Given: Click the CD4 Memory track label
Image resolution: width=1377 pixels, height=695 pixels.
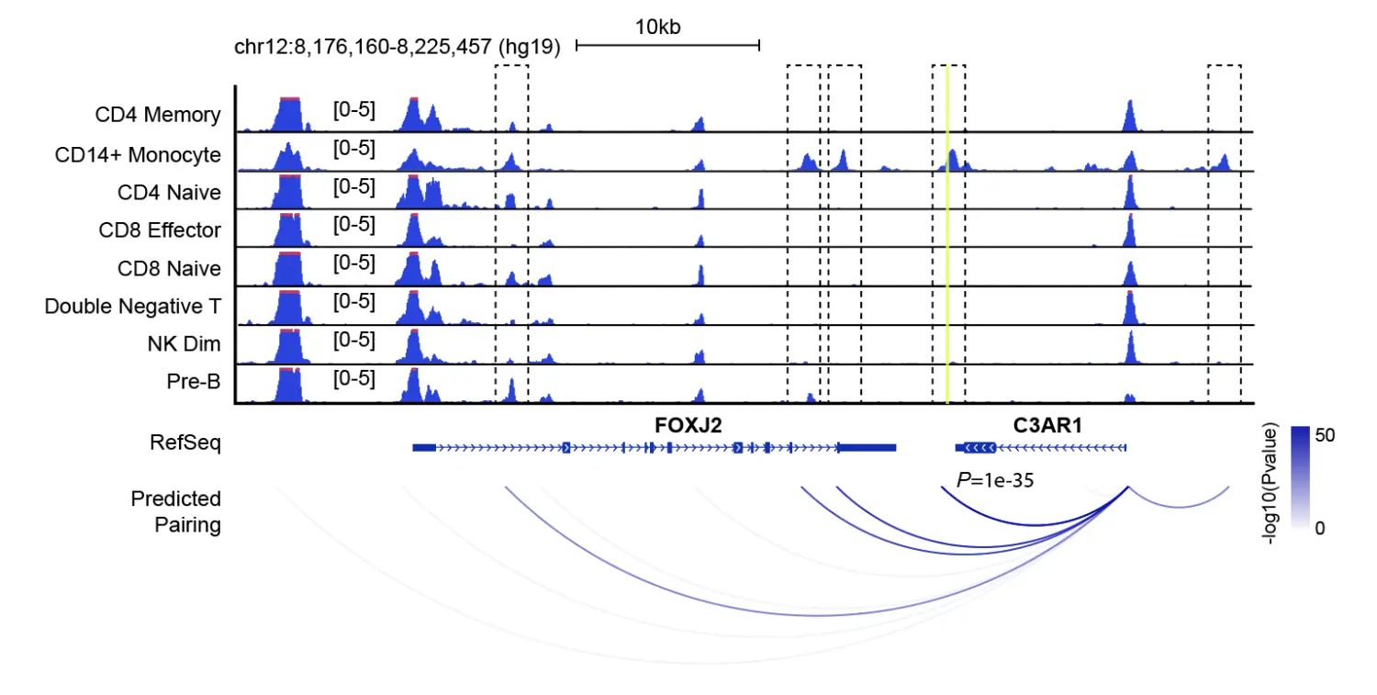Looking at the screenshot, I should pos(158,115).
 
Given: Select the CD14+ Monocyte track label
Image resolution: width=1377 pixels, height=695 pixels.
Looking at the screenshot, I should pos(138,154).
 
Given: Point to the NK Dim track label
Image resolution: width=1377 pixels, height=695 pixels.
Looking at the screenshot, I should pos(184,344).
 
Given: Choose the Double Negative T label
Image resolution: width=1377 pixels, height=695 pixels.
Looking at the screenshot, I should pos(132,307).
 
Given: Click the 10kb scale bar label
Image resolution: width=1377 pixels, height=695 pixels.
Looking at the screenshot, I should pos(657,27).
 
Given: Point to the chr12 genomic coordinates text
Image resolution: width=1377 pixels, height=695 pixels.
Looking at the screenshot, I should pos(397,47).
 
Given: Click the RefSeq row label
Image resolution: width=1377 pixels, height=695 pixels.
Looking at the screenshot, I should pos(185,443).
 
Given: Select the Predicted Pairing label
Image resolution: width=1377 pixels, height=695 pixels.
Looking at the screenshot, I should pos(176,512).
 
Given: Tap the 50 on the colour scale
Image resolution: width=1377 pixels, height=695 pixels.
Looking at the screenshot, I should pos(1324,436).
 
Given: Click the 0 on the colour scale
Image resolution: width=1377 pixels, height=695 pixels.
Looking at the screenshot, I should pos(1319,528).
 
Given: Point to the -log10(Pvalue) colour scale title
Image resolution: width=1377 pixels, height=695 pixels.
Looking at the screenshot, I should pos(1271,484).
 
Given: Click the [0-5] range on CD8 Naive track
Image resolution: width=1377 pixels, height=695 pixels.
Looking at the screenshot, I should pos(353,263).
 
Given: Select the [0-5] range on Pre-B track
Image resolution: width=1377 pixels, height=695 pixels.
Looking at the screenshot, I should pos(353,377).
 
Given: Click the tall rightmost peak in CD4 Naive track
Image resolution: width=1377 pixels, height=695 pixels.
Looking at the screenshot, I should pos(1130,193).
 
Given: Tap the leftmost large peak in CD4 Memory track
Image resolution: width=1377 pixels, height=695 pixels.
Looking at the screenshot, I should pos(289,115).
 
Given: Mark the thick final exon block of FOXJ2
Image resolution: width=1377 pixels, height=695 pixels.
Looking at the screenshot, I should pos(866,447).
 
